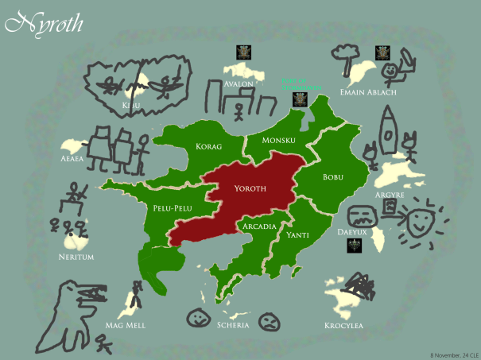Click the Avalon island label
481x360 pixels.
pyautogui.click(x=239, y=83)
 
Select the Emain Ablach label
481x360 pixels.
pyautogui.click(x=363, y=90)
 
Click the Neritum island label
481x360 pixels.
pyautogui.click(x=76, y=257)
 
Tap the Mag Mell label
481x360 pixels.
pyautogui.click(x=126, y=325)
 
